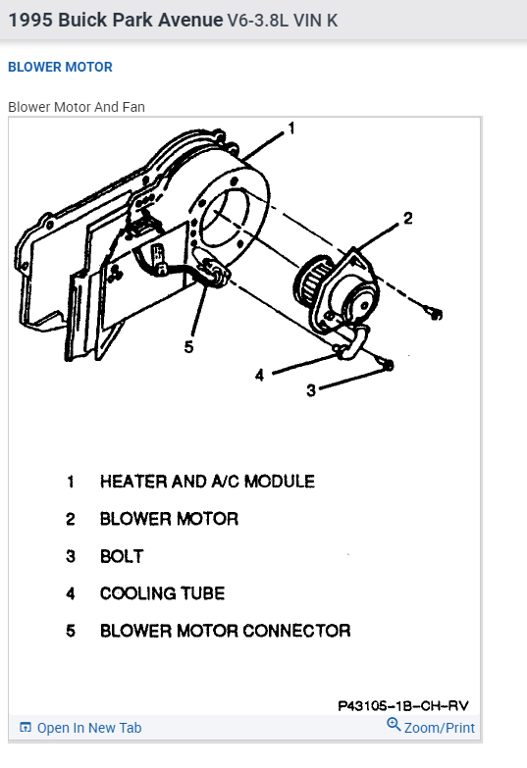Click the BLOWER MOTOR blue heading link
[60, 67]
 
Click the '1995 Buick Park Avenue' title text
[116, 20]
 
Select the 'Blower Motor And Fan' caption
[77, 106]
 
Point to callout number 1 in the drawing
[291, 128]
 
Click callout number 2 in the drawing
[407, 219]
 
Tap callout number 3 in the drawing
[311, 389]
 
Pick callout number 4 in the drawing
[260, 374]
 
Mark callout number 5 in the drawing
[188, 346]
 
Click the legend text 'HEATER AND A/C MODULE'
[207, 482]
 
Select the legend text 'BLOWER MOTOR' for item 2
[169, 519]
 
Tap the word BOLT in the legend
[122, 556]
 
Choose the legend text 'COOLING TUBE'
[162, 593]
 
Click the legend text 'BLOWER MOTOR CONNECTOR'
[225, 631]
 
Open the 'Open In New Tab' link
[88, 728]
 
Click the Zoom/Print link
[439, 728]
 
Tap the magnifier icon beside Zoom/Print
[394, 726]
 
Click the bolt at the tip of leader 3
[388, 366]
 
